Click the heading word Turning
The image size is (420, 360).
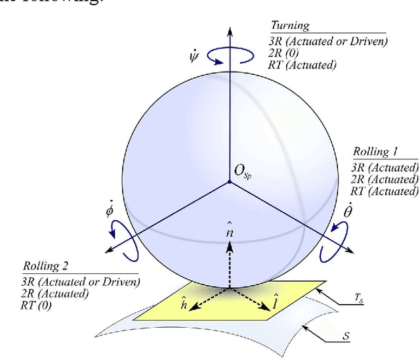point(290,26)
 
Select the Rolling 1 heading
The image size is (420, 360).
point(375,152)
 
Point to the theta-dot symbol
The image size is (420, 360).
point(349,212)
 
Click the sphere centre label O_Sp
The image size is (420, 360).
point(243,171)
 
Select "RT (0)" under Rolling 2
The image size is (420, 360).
point(38,305)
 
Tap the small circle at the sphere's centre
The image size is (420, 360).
point(229,181)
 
